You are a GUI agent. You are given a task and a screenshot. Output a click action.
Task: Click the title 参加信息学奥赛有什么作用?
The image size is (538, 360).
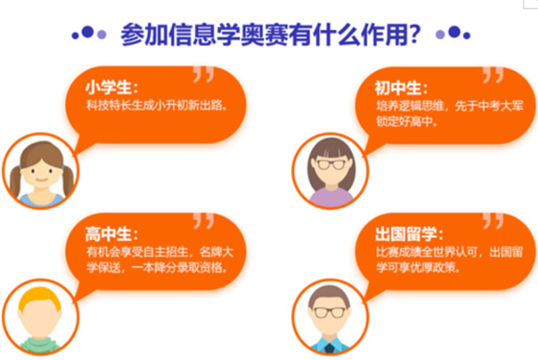click(270, 34)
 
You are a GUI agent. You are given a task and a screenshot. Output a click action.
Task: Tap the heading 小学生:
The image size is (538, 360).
click(111, 87)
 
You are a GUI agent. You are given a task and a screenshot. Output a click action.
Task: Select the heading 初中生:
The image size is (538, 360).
click(401, 88)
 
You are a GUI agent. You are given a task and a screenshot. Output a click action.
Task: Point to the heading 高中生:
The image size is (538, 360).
click(111, 234)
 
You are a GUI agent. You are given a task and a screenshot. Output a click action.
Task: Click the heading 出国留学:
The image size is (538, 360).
click(409, 234)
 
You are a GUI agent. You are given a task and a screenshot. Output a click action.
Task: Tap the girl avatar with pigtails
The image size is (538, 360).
click(41, 171)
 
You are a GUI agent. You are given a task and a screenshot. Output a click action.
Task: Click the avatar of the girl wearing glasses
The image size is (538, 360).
click(330, 171)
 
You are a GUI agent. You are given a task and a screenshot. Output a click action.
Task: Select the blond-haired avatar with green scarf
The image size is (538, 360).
click(41, 317)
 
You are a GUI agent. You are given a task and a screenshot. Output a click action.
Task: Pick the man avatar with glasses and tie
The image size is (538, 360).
click(330, 317)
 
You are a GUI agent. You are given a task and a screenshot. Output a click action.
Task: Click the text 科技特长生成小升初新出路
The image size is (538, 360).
click(156, 105)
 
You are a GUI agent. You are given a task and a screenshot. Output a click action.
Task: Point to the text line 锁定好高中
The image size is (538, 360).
click(407, 121)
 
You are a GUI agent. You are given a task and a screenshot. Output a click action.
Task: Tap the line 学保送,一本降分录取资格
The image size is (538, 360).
click(156, 267)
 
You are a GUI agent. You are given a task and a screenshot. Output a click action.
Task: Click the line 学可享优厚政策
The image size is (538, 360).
click(418, 267)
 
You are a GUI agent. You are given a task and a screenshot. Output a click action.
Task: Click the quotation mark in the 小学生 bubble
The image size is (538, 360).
click(203, 74)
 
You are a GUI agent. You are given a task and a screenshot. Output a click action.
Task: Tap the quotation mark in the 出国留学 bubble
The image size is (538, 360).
click(494, 220)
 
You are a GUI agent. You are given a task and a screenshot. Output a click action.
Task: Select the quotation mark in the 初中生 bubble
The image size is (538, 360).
click(494, 75)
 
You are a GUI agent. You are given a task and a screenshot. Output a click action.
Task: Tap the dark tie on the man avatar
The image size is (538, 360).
click(330, 348)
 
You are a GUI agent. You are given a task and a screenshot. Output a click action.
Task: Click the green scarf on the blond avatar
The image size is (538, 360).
click(40, 345)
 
